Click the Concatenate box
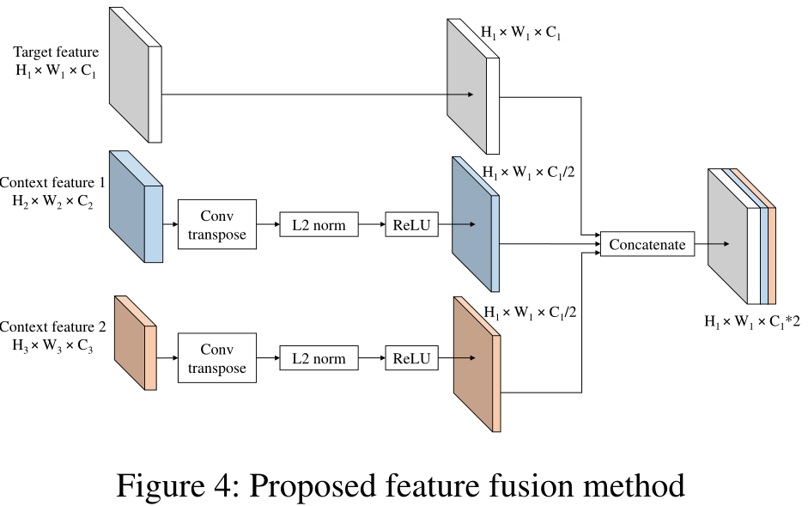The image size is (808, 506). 647,245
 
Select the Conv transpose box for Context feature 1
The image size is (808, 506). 217,224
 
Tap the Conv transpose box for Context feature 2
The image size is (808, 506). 217,358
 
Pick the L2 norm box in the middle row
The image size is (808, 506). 319,225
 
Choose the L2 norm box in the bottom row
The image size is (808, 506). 319,358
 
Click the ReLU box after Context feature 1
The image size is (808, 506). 411,225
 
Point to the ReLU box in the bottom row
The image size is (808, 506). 411,358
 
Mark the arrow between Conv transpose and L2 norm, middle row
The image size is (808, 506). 268,225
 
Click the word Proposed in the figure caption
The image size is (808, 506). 319,486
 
